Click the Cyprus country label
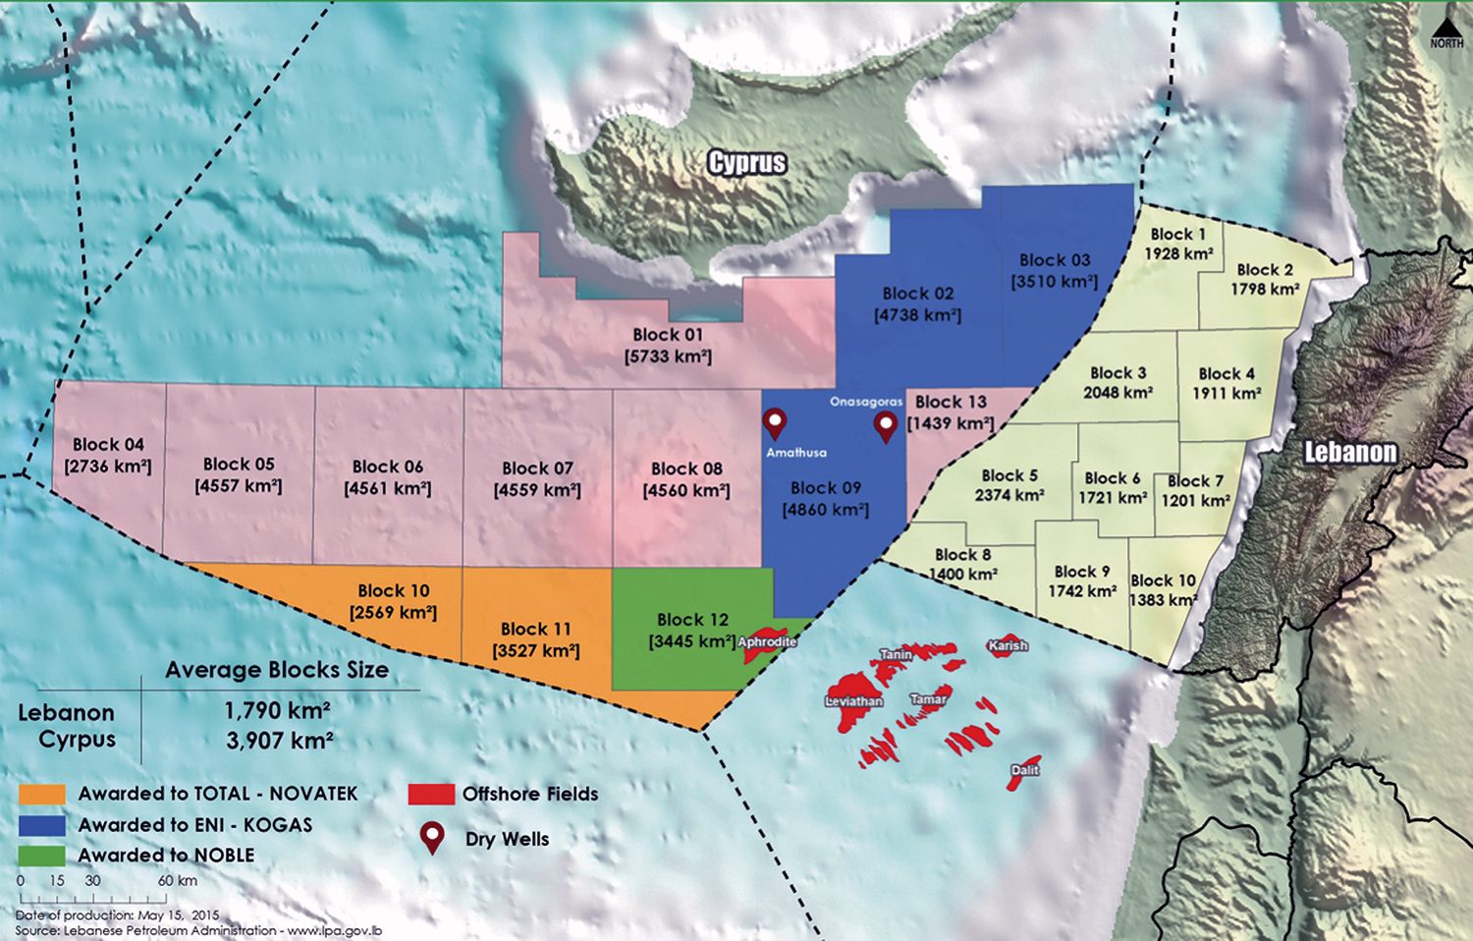747,163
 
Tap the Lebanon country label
1350,452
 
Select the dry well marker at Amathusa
775,423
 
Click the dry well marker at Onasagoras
886,426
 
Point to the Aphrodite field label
767,641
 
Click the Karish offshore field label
1008,645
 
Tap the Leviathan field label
853,701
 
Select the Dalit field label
1024,770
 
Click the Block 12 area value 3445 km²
692,641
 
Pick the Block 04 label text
108,445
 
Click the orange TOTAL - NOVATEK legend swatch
42,794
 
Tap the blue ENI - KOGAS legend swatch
42,825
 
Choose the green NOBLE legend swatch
42,856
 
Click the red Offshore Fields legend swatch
431,794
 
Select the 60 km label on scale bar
178,881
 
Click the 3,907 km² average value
280,741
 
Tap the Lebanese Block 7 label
1195,481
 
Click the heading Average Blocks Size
277,670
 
